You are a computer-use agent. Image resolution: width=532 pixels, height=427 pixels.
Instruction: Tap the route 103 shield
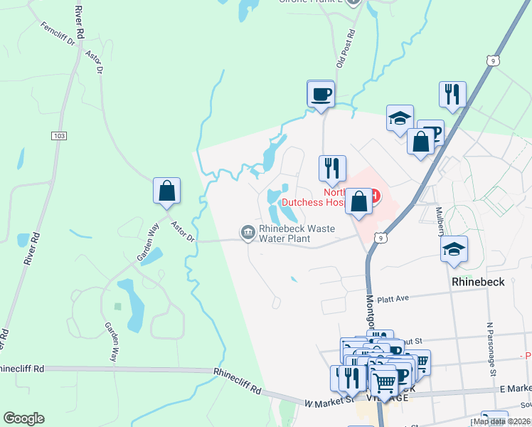tap(58, 135)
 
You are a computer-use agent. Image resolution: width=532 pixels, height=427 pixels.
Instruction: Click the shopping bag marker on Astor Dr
tap(166, 191)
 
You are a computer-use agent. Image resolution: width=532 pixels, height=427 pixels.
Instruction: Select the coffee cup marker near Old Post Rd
tap(320, 93)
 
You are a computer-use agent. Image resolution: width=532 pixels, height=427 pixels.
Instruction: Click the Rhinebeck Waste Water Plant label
tap(284, 234)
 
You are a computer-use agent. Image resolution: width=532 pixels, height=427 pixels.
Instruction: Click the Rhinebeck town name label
tap(479, 281)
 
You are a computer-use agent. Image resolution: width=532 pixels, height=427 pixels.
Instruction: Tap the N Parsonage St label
tap(490, 348)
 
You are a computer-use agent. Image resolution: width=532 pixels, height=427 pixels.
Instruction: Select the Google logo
tap(23, 418)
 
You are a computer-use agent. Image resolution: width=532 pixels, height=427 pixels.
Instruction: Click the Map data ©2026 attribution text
tap(500, 421)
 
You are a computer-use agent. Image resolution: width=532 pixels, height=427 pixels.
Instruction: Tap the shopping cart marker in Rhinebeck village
tap(384, 383)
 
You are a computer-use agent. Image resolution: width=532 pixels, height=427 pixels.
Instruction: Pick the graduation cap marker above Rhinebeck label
tap(454, 249)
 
